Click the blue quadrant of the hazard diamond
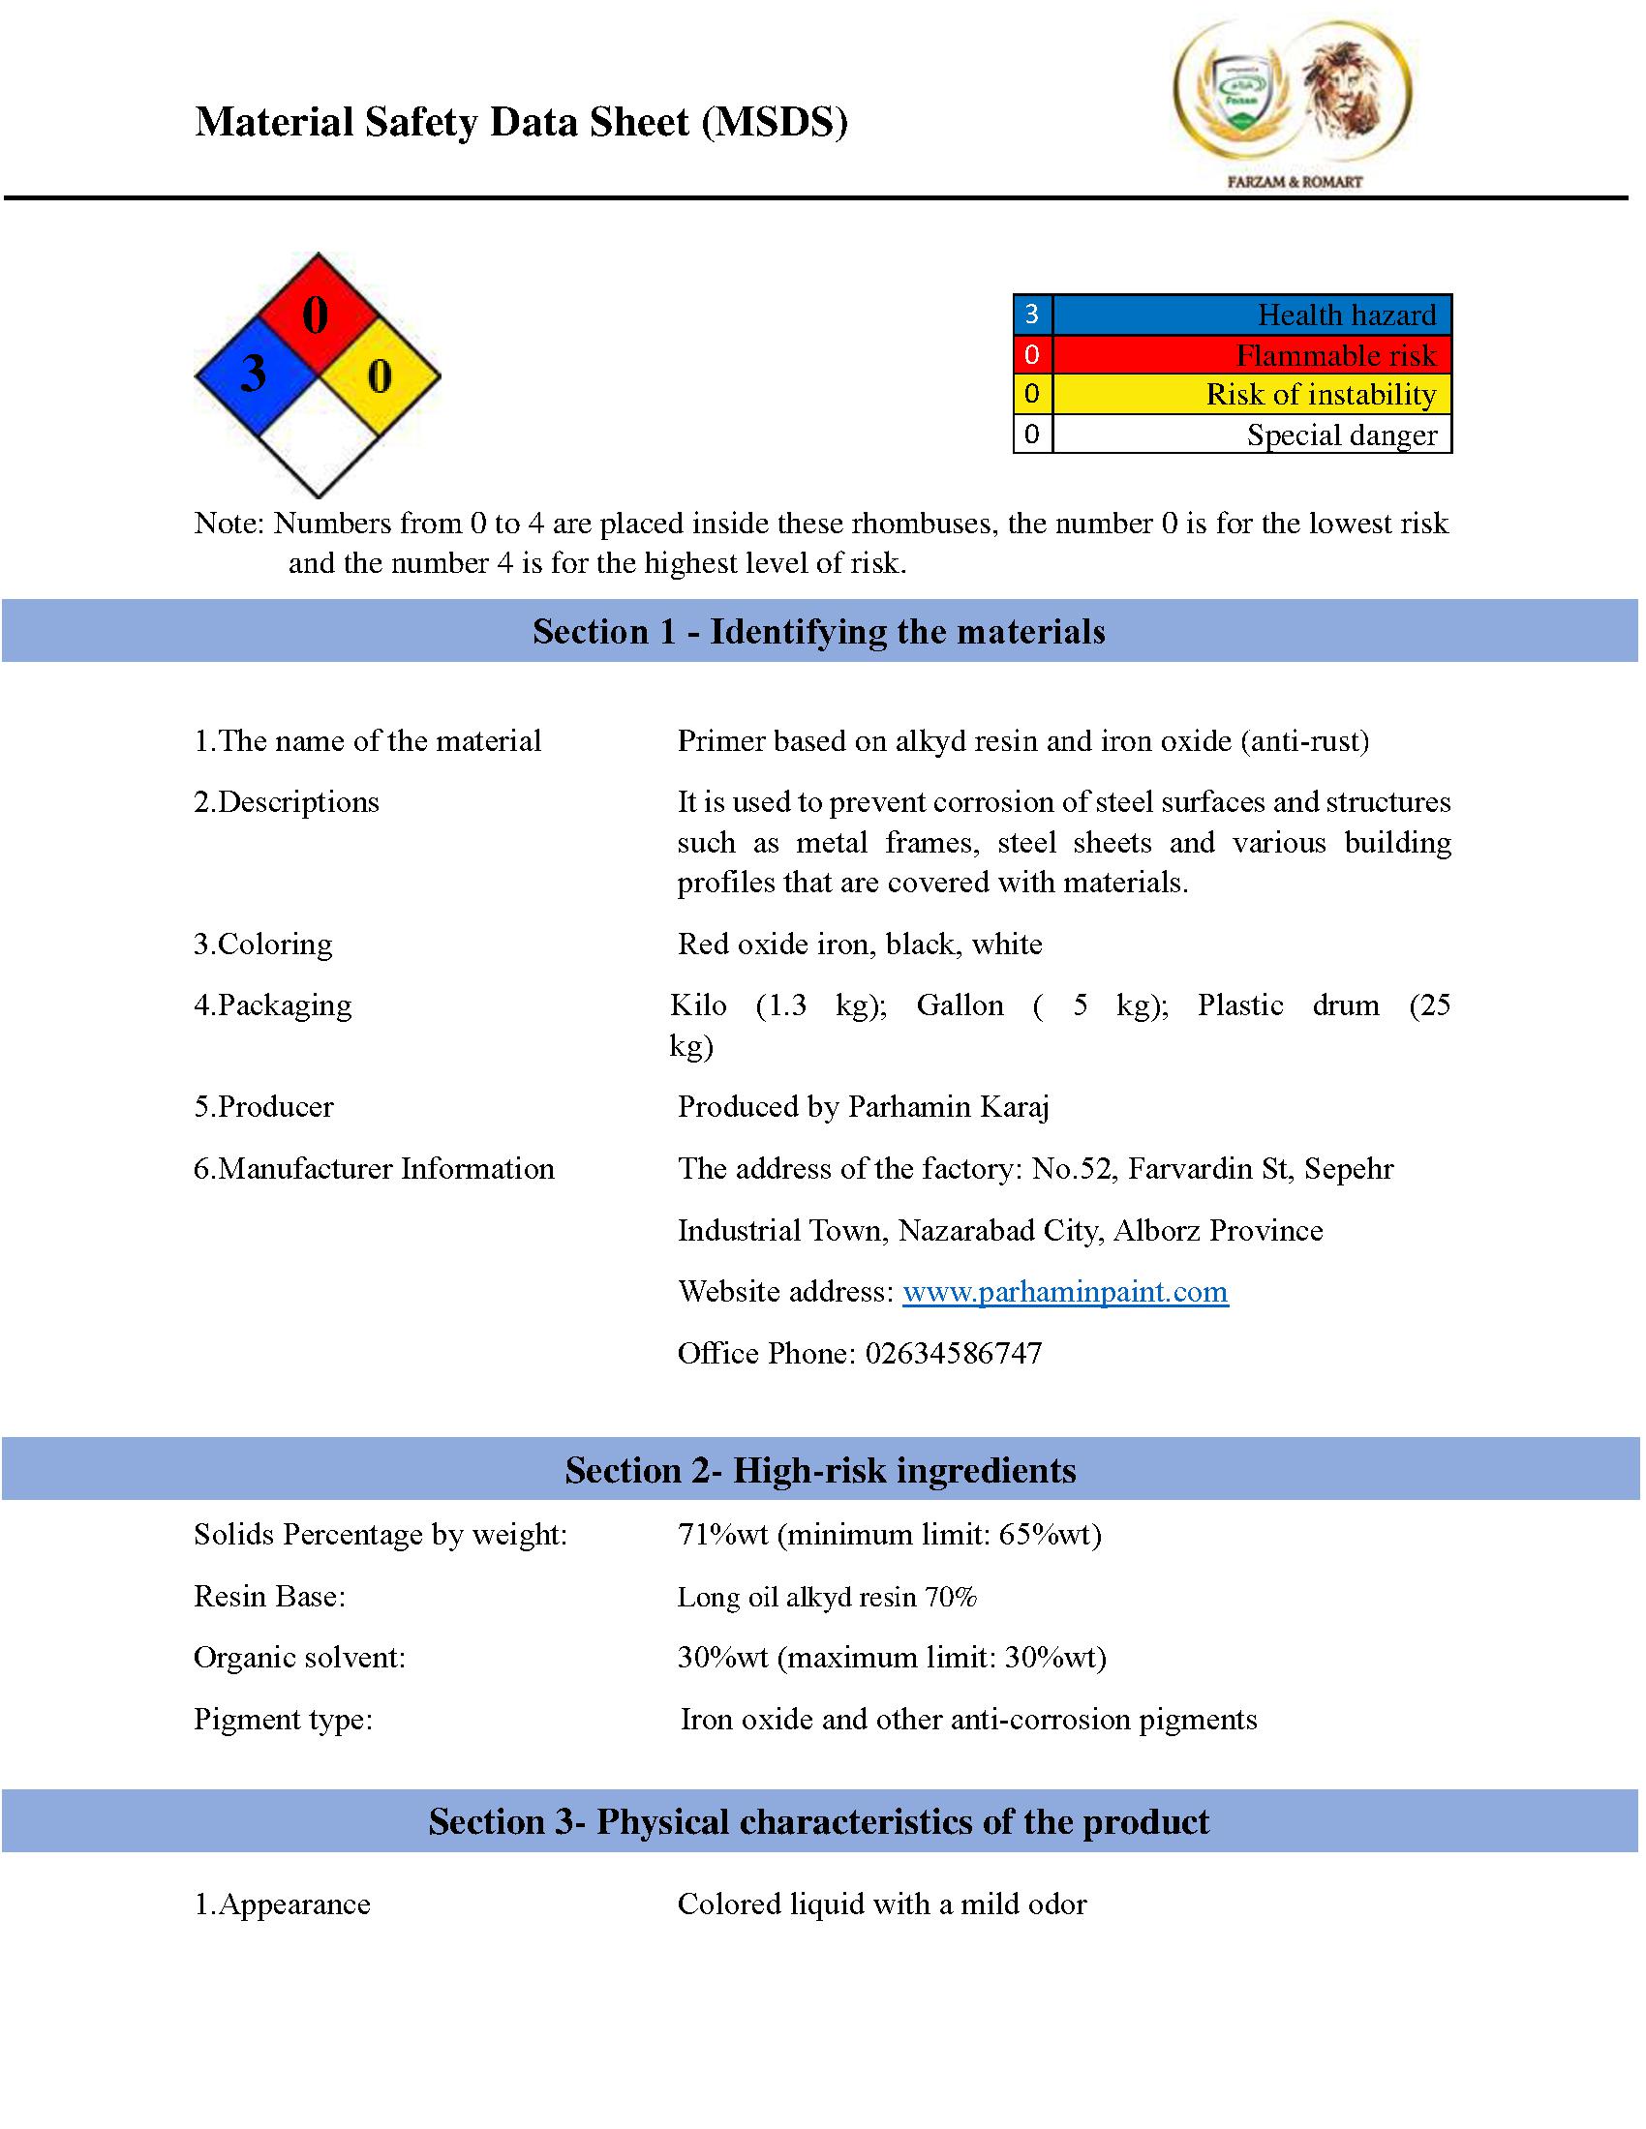click(x=256, y=375)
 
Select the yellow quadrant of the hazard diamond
click(x=380, y=375)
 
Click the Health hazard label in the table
click(x=1346, y=315)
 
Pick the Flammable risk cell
click(x=1335, y=355)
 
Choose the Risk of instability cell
click(x=1321, y=394)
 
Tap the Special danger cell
click(x=1341, y=435)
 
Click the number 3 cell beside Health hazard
click(x=1032, y=315)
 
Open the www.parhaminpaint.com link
click(x=1065, y=1292)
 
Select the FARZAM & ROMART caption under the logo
click(x=1294, y=181)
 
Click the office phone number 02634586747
click(x=953, y=1353)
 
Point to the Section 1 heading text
click(x=818, y=632)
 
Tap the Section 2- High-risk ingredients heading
click(x=820, y=1470)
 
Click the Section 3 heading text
click(x=818, y=1822)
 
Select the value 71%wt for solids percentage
click(x=722, y=1536)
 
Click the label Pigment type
click(x=283, y=1720)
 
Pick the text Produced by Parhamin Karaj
click(x=863, y=1107)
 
